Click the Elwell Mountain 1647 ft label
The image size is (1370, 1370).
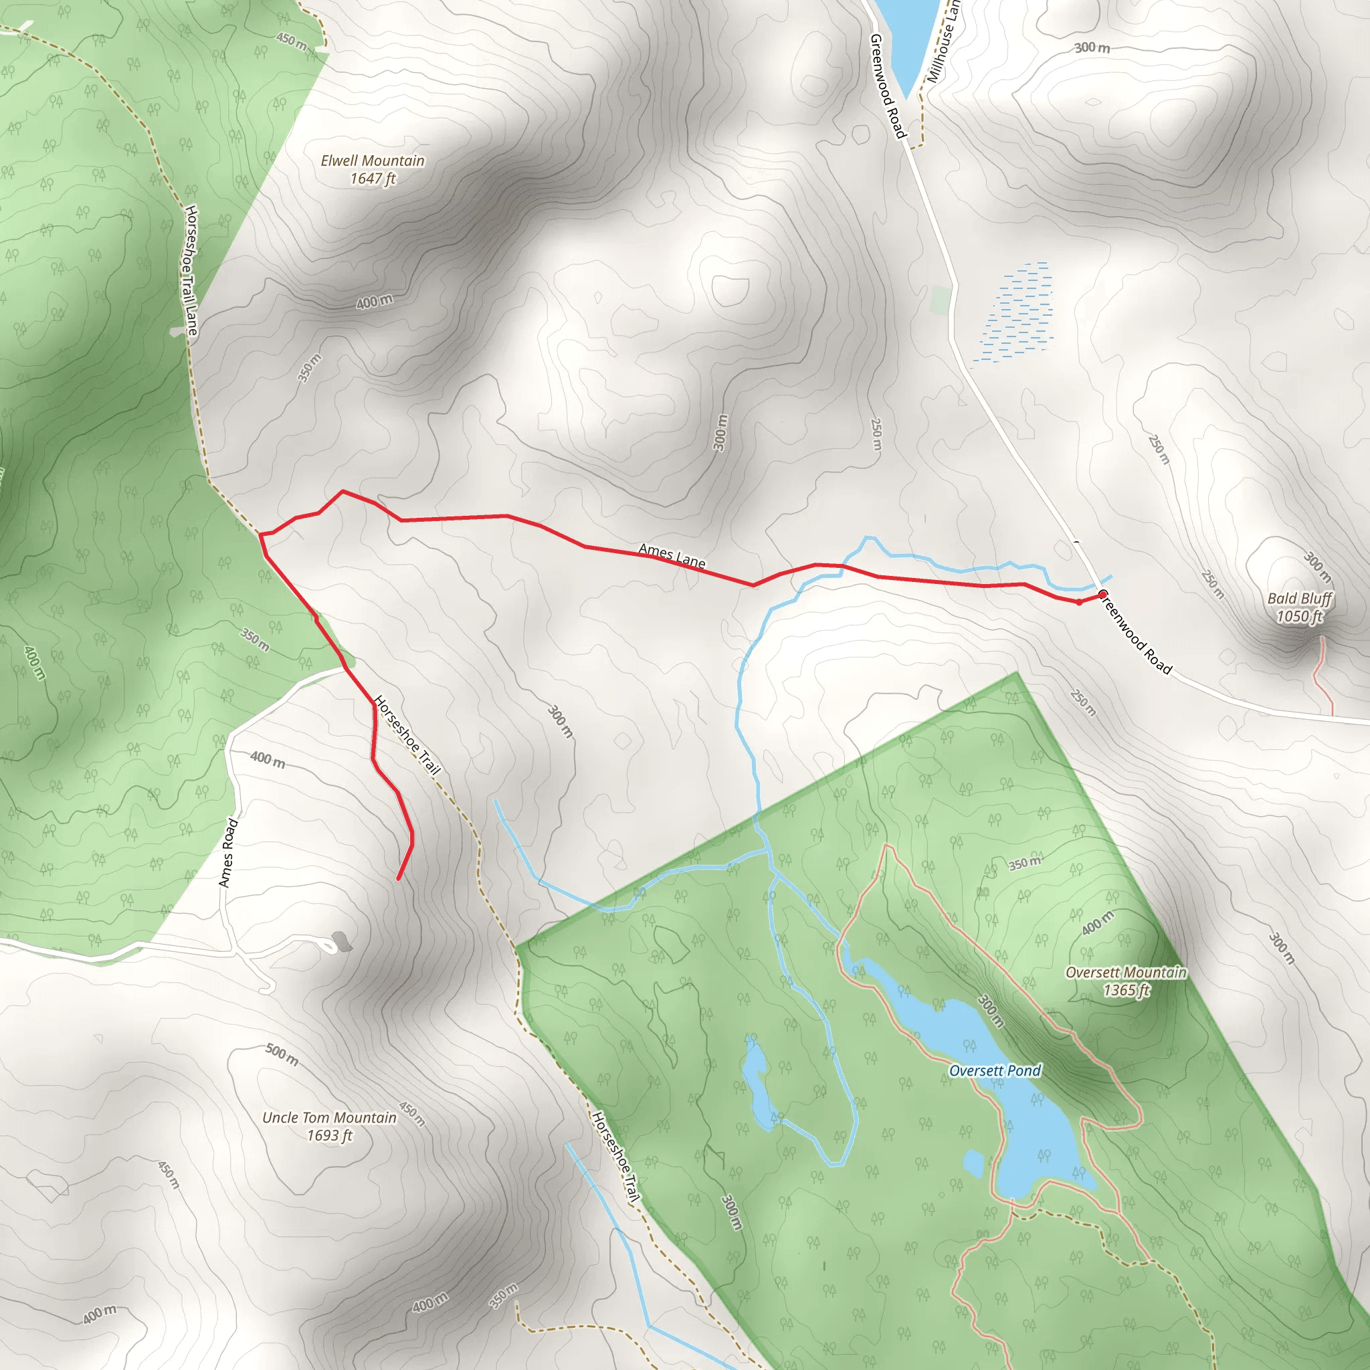pyautogui.click(x=373, y=169)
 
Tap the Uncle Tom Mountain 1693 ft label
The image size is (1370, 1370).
pyautogui.click(x=330, y=1126)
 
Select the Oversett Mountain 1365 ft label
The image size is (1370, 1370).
pyautogui.click(x=1126, y=981)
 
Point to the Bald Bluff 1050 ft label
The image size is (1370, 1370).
pyautogui.click(x=1300, y=607)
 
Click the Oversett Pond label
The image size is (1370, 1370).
pyautogui.click(x=994, y=1071)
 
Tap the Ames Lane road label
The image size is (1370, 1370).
pyautogui.click(x=672, y=556)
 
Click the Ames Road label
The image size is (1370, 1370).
pyautogui.click(x=227, y=853)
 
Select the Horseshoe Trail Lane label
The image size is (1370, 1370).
pyautogui.click(x=191, y=270)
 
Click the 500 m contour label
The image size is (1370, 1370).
pyautogui.click(x=282, y=1054)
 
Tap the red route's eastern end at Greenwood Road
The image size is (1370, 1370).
pyautogui.click(x=1102, y=594)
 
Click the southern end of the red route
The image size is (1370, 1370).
pyautogui.click(x=399, y=878)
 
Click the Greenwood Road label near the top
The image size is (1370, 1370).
pyautogui.click(x=887, y=85)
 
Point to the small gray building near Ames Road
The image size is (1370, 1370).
pyautogui.click(x=342, y=941)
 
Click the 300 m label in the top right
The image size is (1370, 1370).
pyautogui.click(x=1092, y=47)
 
